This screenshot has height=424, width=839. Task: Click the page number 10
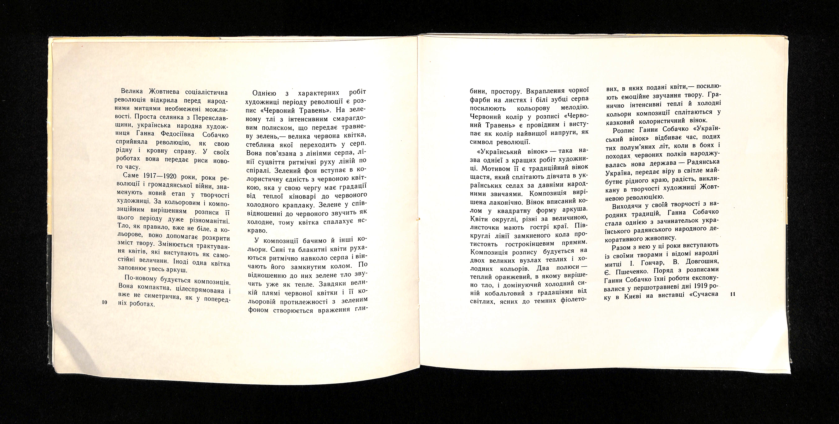pos(105,302)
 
